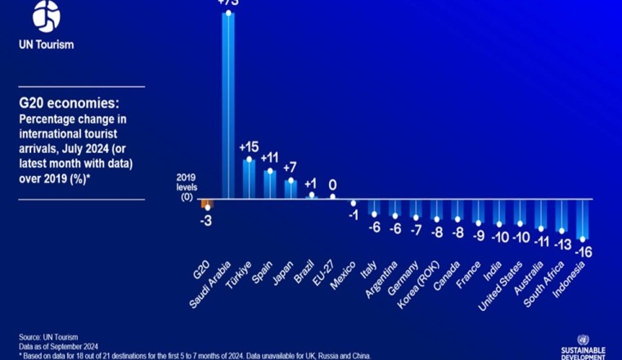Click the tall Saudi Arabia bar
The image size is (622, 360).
coord(228,106)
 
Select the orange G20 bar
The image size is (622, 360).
coord(207,204)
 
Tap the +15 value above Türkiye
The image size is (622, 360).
coord(249,147)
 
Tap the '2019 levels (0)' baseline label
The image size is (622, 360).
coord(187,187)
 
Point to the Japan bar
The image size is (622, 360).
coord(291,189)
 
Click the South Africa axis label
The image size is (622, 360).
coord(542,286)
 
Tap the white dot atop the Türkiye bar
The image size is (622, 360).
coord(249,160)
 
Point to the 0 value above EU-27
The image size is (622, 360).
coord(332,185)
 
